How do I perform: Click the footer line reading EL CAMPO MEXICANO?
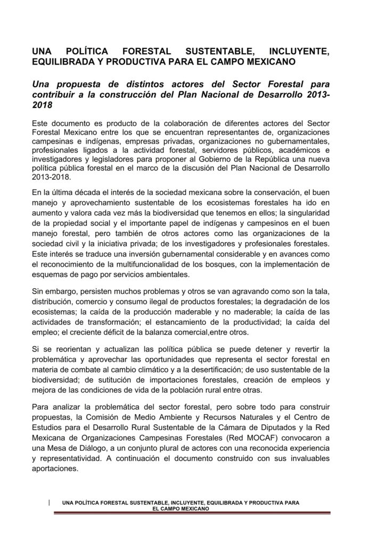coord(181,508)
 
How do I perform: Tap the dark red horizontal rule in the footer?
coord(192,513)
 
